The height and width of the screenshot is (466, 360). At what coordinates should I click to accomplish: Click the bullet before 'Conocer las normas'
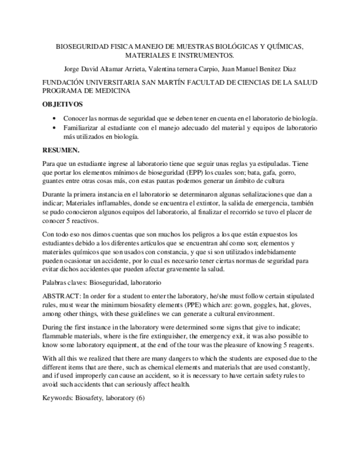tap(53, 119)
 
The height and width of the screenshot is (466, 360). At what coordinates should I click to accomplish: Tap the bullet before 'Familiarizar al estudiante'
tap(53, 128)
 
